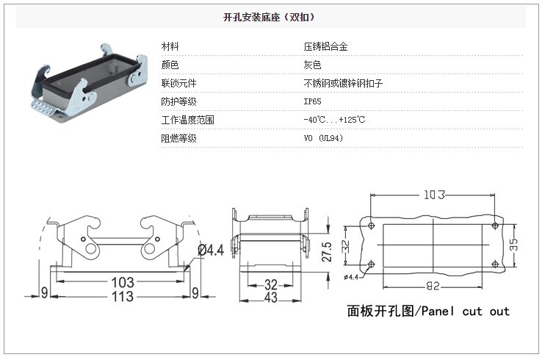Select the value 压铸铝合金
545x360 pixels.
click(325, 46)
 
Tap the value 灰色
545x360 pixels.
click(312, 65)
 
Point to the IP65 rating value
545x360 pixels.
click(311, 101)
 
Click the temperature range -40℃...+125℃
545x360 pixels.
click(334, 120)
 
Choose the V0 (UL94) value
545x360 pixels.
click(323, 138)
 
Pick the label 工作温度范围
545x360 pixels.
click(187, 120)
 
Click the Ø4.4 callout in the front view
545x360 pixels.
click(210, 251)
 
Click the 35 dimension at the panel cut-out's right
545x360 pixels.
click(516, 245)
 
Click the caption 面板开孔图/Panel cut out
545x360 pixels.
click(428, 311)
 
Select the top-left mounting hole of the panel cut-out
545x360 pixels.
click(371, 226)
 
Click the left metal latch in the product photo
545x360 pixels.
click(41, 87)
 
